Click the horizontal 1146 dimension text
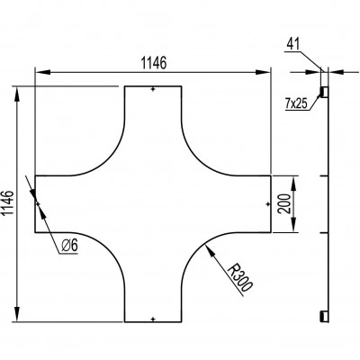pyautogui.click(x=153, y=63)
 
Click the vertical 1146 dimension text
pyautogui.click(x=8, y=202)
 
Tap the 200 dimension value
pyautogui.click(x=284, y=203)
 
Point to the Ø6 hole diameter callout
pyautogui.click(x=69, y=246)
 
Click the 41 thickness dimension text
pyautogui.click(x=293, y=44)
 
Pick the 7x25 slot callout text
pyautogui.click(x=296, y=103)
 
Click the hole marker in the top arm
pyautogui.click(x=153, y=89)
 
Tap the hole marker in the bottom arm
pyautogui.click(x=153, y=319)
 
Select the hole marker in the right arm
pyautogui.click(x=267, y=204)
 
